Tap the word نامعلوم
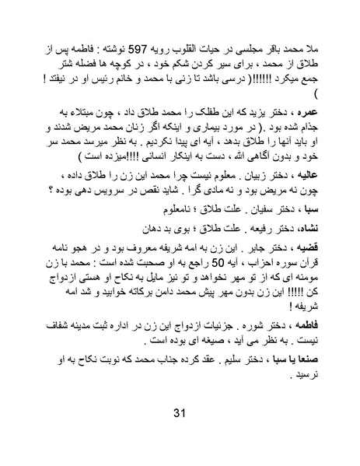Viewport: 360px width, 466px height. point(159,211)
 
